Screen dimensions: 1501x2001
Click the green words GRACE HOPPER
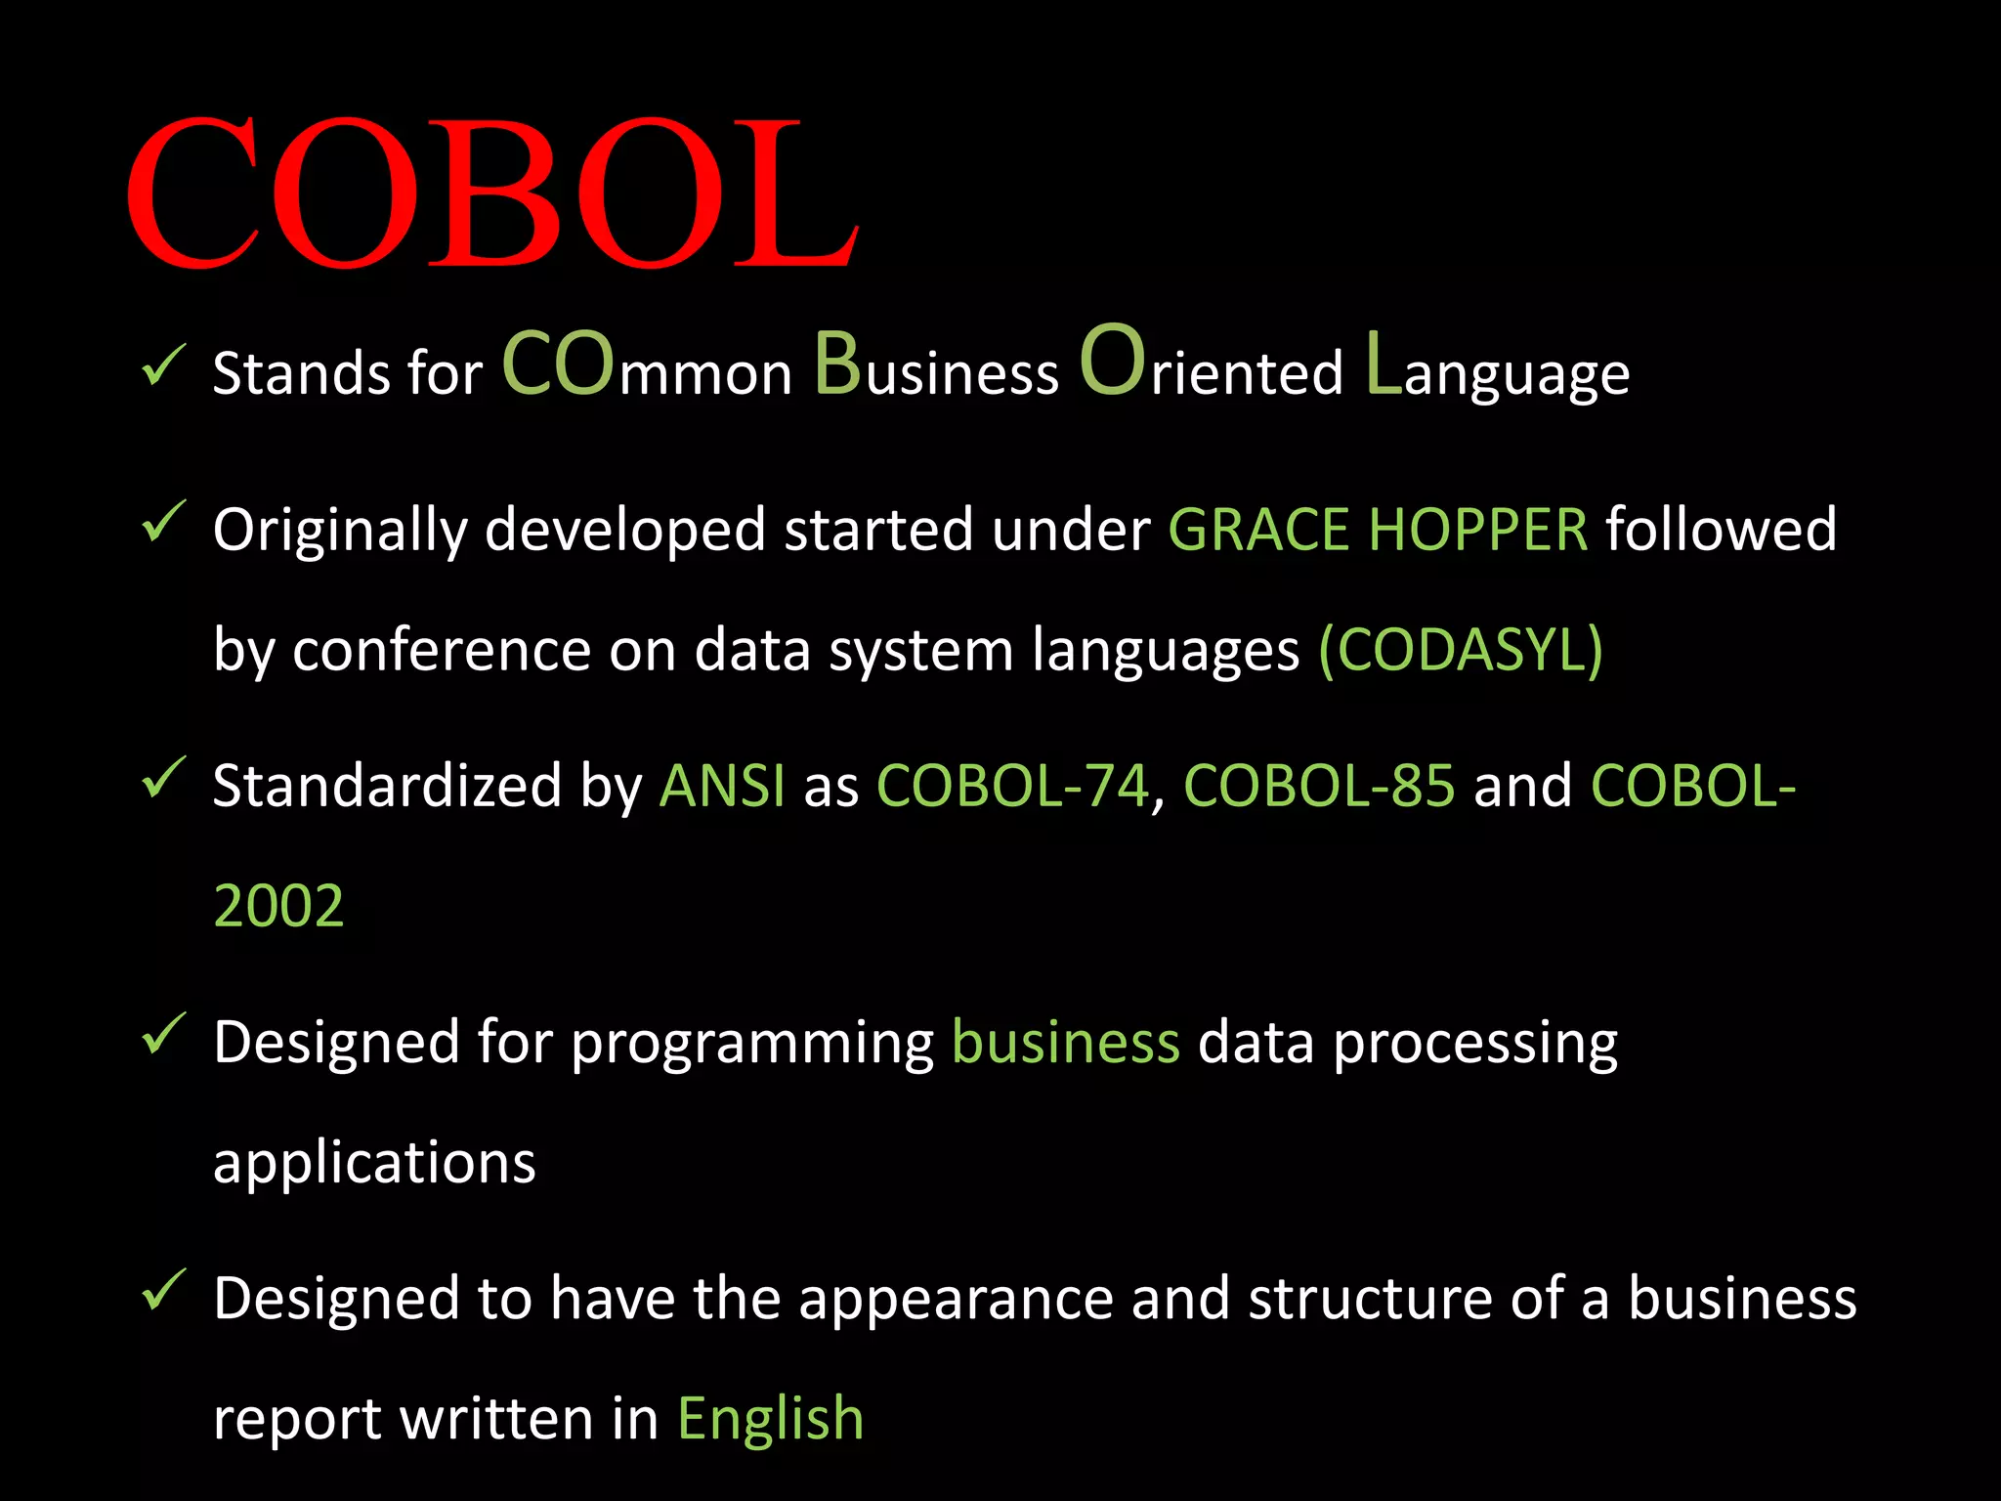tap(1378, 531)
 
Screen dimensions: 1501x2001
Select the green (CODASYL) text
tap(1461, 650)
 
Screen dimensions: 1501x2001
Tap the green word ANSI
tap(722, 787)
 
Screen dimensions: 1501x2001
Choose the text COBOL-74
tap(1012, 787)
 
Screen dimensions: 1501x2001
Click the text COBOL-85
tap(1319, 787)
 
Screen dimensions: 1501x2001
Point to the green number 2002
tap(278, 906)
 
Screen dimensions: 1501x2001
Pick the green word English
tap(770, 1419)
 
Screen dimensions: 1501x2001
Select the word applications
tap(374, 1163)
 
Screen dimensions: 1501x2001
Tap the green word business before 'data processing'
tap(1066, 1043)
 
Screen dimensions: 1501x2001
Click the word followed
tap(1721, 531)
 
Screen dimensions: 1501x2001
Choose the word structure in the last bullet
tap(1370, 1299)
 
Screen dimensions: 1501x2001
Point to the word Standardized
tap(387, 787)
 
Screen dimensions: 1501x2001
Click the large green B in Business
tap(837, 364)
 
